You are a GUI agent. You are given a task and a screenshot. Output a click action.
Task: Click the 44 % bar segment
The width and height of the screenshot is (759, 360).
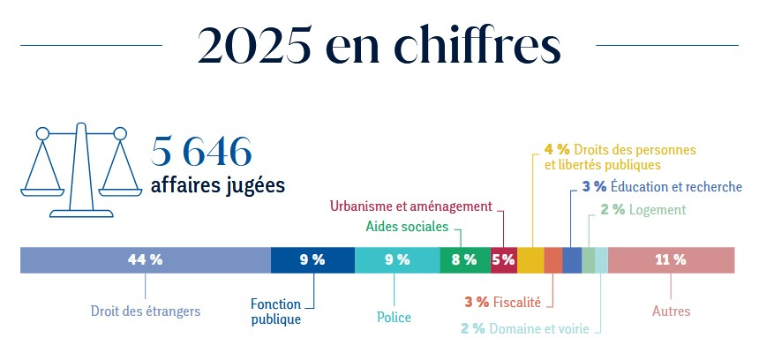(145, 260)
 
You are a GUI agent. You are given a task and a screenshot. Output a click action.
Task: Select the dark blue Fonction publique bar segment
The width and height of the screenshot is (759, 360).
(312, 260)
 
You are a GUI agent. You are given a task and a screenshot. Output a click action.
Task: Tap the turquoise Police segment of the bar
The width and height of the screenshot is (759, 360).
(397, 260)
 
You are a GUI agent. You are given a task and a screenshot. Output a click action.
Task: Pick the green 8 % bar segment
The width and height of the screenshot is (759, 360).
(464, 260)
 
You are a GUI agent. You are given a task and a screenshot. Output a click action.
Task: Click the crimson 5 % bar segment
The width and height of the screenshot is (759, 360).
(503, 260)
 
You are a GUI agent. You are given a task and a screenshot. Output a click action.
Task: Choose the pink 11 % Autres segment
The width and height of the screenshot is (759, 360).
(671, 260)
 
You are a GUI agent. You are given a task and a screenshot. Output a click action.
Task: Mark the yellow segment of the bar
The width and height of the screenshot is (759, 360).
(530, 260)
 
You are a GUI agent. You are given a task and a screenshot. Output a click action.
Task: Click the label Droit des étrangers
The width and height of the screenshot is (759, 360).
(146, 311)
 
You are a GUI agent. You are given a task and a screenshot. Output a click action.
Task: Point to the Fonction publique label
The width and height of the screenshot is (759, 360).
(275, 312)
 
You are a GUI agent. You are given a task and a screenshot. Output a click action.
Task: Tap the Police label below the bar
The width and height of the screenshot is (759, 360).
(395, 318)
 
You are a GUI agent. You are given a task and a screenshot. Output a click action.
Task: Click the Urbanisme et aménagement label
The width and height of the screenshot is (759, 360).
(410, 206)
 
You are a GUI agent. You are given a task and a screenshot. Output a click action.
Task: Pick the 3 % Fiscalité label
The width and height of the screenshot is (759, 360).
(502, 302)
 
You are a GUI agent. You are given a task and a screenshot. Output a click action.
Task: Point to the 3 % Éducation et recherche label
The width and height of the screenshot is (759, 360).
(662, 187)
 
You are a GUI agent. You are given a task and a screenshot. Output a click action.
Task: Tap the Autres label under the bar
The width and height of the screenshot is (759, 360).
(671, 311)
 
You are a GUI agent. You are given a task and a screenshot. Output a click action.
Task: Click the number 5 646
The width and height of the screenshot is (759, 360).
(202, 152)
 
